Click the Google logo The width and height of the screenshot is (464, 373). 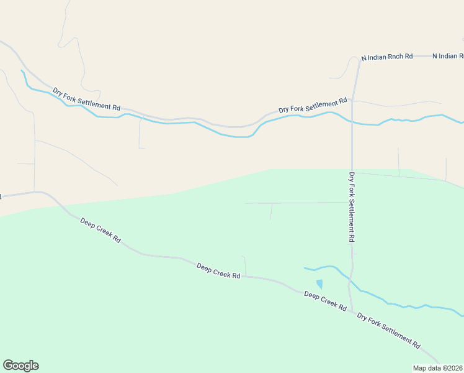click(20, 366)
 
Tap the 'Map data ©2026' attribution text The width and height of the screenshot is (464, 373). click(437, 367)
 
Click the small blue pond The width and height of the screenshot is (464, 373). click(319, 284)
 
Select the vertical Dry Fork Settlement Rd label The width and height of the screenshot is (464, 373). click(351, 207)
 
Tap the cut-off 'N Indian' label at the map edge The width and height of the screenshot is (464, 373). click(448, 56)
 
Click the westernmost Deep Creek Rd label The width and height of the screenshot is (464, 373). click(100, 229)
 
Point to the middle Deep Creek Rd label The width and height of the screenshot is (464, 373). click(218, 270)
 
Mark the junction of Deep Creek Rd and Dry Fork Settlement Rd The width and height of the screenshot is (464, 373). click(352, 311)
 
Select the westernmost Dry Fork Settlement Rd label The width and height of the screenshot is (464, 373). click(86, 99)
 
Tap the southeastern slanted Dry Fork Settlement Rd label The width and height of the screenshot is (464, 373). click(388, 330)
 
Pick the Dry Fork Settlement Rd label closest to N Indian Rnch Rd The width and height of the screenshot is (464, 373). click(313, 105)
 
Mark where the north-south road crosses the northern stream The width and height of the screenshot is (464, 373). click(352, 121)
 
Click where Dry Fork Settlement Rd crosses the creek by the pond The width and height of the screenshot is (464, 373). click(350, 283)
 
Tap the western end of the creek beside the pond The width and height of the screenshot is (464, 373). click(305, 268)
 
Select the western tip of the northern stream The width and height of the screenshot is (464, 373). click(22, 71)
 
